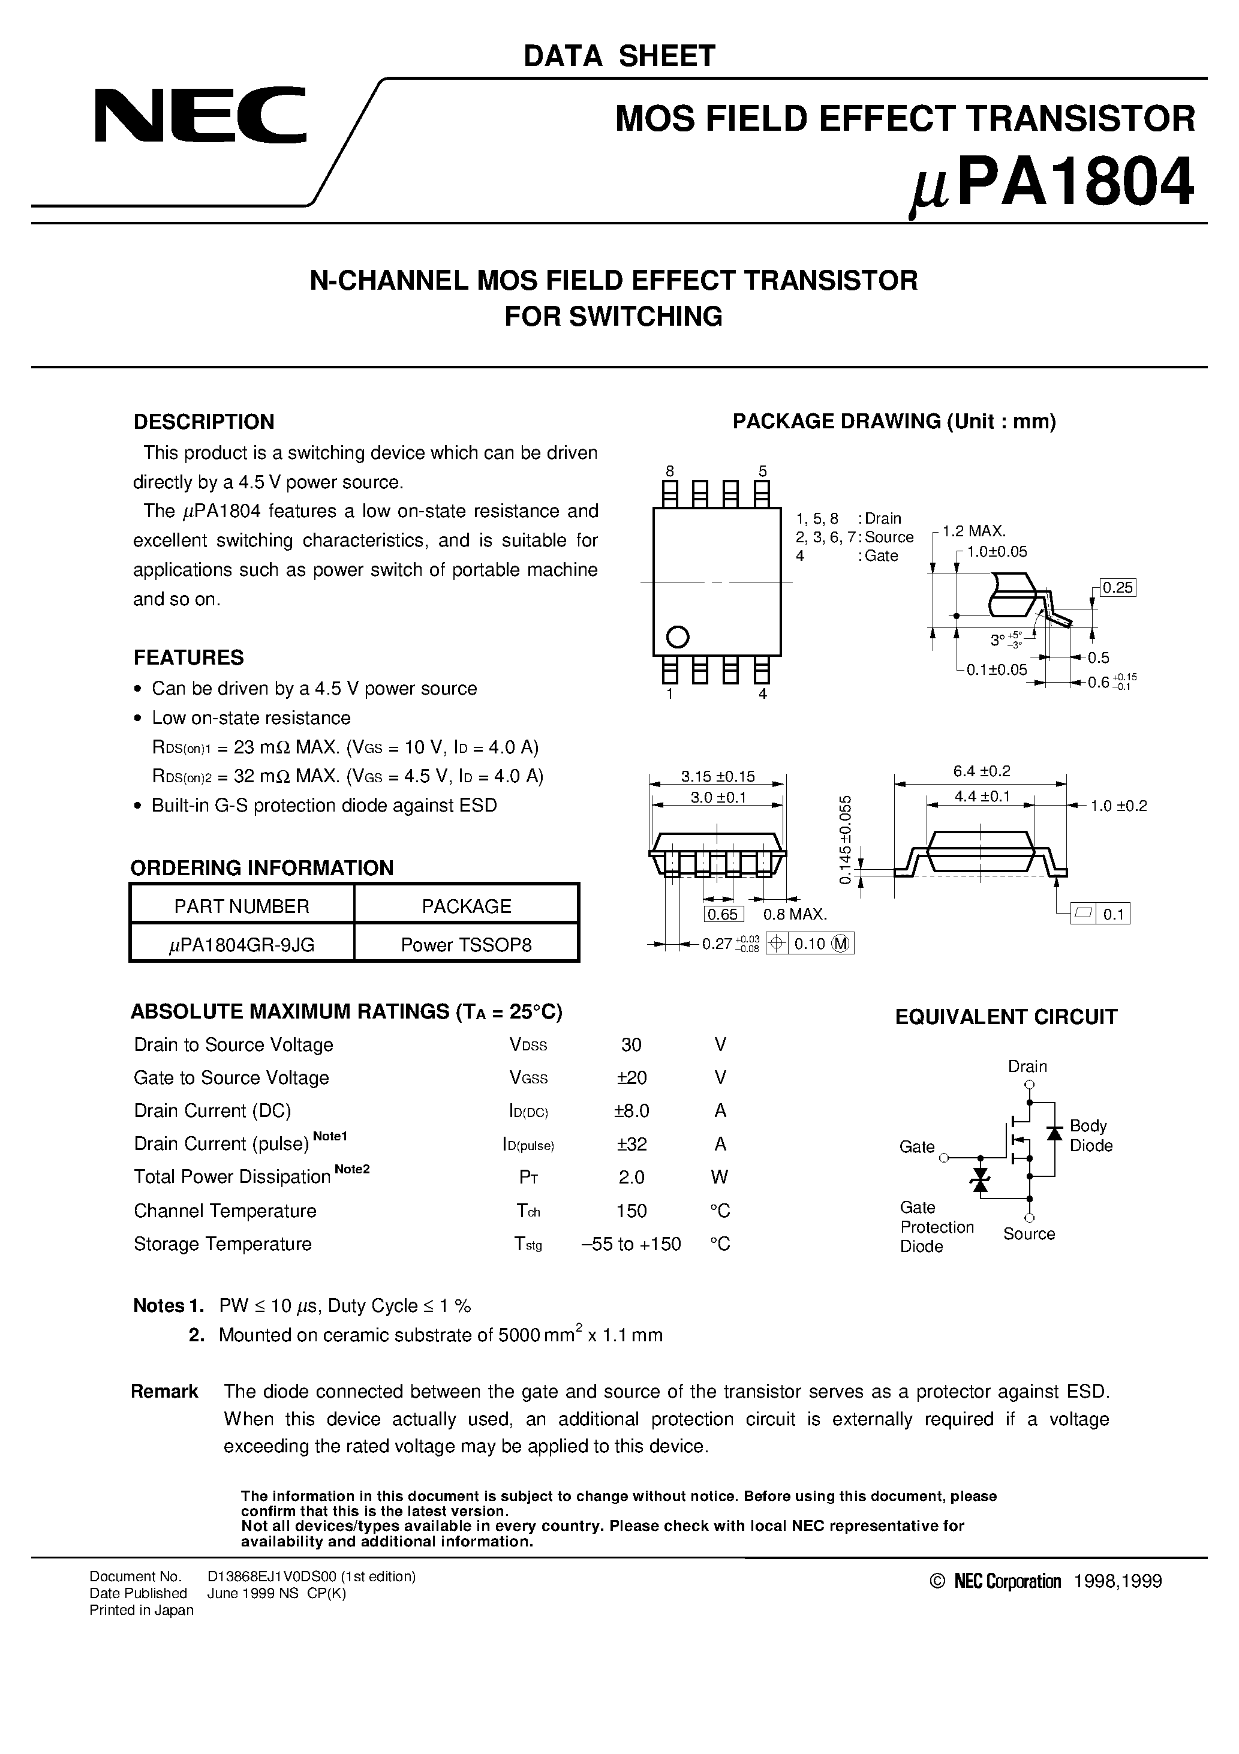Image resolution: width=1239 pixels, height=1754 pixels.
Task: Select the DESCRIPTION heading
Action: point(203,422)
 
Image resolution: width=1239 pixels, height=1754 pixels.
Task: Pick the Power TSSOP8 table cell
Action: point(466,945)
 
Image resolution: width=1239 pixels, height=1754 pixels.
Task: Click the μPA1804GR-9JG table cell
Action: point(242,945)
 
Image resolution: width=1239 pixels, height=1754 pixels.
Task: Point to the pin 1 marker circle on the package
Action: point(678,636)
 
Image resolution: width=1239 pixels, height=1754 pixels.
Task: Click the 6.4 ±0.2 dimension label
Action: point(981,771)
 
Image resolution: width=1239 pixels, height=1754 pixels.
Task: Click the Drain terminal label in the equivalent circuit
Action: point(1027,1066)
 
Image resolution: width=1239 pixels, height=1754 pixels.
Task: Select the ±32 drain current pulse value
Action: point(630,1143)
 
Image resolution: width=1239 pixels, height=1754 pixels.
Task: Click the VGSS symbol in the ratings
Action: point(528,1078)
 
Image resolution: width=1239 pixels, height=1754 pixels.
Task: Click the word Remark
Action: point(164,1391)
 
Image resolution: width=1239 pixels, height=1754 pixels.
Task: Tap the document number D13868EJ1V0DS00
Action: point(311,1576)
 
